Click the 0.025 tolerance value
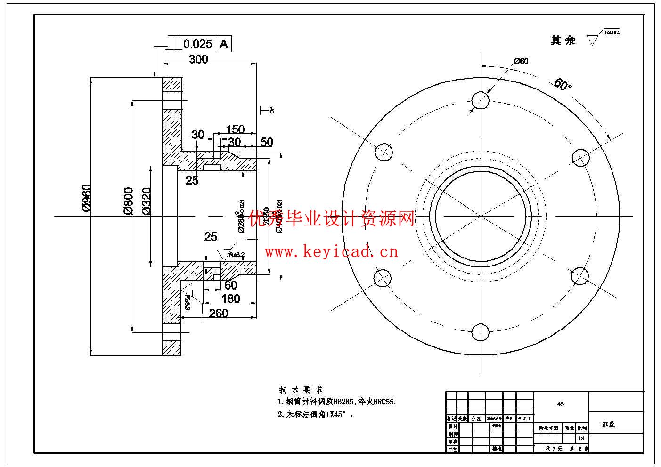coord(198,44)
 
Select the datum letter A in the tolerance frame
coord(224,44)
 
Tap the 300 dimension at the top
coord(198,59)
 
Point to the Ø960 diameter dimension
coord(86,198)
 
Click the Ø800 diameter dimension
coord(128,201)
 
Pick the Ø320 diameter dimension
coord(146,201)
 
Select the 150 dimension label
coord(235,129)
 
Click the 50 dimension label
coord(267,142)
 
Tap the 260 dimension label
coord(219,313)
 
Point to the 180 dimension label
coord(230,298)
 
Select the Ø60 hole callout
coord(521,61)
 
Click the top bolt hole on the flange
coord(480,100)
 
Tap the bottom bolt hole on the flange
coord(480,332)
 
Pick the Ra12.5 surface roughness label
coord(612,32)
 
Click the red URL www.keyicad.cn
coord(331,252)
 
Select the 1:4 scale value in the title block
coord(582,438)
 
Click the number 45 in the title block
coord(561,404)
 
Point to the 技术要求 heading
coord(301,389)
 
